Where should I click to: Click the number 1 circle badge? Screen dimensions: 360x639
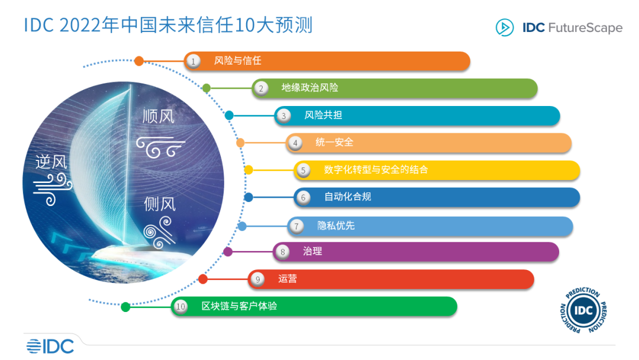tap(192, 60)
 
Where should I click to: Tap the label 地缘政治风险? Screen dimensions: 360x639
tap(309, 88)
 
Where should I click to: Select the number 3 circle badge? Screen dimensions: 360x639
tap(283, 115)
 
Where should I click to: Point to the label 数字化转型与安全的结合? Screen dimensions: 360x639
tap(376, 170)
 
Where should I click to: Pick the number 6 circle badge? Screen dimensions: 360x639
tap(303, 197)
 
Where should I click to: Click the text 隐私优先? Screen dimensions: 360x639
tap(335, 226)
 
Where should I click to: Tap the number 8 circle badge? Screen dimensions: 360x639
tap(282, 252)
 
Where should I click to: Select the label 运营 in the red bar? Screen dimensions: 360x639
tap(288, 279)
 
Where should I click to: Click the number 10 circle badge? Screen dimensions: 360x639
tap(180, 307)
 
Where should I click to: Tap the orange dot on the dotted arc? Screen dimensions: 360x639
tap(139, 60)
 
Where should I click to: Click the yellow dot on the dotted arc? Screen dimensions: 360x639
tap(248, 170)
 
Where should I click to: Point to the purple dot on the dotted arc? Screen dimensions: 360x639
tap(228, 252)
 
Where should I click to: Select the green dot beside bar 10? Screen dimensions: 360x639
tap(125, 307)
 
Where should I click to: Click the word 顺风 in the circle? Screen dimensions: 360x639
tap(159, 115)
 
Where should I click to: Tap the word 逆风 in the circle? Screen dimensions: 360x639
tap(51, 162)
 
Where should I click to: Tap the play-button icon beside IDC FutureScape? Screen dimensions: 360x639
tap(504, 28)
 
